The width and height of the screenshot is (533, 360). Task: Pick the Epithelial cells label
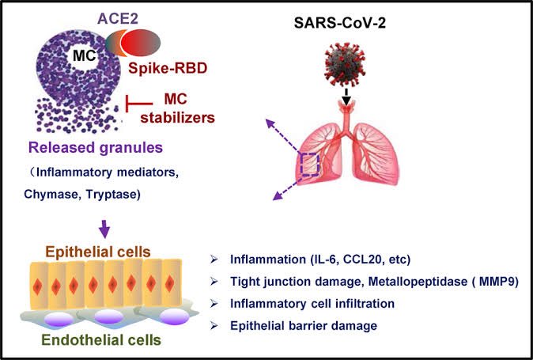tap(104, 252)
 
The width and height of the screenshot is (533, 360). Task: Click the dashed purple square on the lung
tap(309, 165)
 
